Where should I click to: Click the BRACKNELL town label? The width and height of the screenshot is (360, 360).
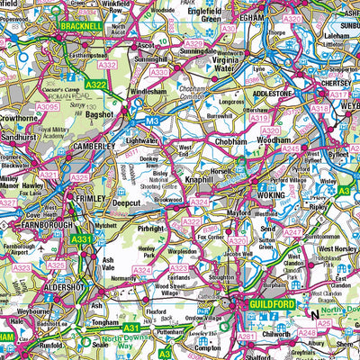80,28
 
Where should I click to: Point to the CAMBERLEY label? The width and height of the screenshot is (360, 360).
94,145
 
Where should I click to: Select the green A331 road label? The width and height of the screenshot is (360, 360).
83,238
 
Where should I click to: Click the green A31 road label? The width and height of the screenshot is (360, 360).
131,328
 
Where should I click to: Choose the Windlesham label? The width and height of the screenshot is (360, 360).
154,92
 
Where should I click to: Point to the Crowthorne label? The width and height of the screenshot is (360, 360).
18,117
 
